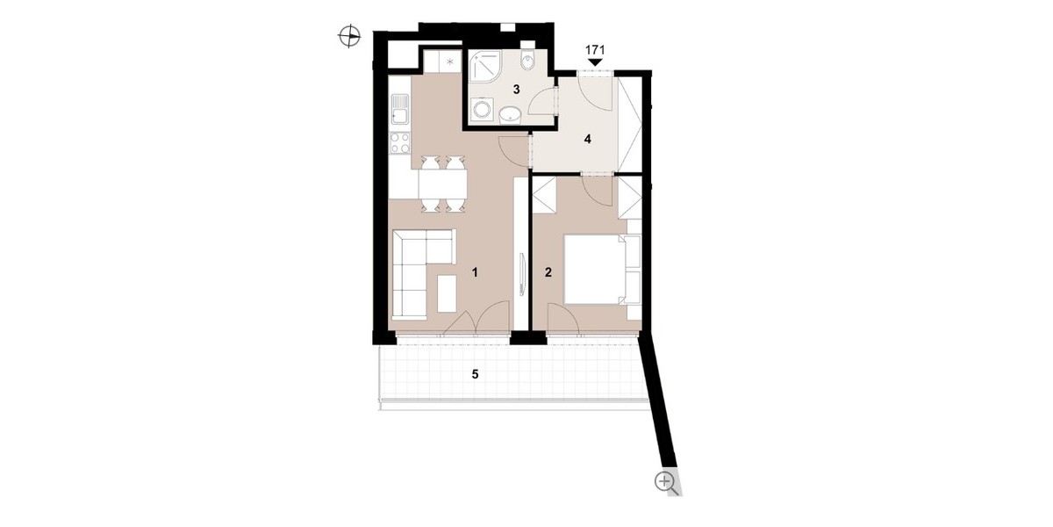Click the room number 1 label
pos(475,272)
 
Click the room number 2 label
pos(548,272)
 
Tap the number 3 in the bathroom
pos(516,90)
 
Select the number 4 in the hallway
pos(587,140)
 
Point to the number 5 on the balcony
pos(475,374)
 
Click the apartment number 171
pos(595,50)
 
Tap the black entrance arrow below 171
pos(595,62)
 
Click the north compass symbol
pos(349,36)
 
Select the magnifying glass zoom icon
pos(667,483)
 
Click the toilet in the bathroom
pos(527,58)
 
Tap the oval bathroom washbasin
pos(510,114)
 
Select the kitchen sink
pos(71,109)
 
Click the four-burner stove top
pos(400,143)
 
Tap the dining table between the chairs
pos(114,184)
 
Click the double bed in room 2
pos(596,270)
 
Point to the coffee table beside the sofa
pos(118,293)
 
